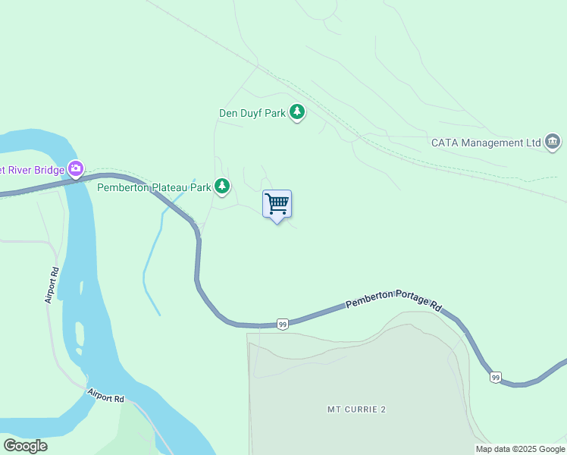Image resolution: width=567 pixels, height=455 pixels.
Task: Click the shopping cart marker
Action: pos(277,203)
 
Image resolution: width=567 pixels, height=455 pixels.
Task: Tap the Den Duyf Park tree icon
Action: pos(297,113)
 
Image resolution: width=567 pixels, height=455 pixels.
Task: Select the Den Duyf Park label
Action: pos(252,114)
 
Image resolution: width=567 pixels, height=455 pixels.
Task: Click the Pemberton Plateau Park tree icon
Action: pos(221,186)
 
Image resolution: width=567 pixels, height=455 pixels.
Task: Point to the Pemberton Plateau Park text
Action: pos(154,187)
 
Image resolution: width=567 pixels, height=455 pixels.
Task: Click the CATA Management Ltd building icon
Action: pos(553,142)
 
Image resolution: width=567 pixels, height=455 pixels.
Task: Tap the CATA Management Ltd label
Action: pos(485,143)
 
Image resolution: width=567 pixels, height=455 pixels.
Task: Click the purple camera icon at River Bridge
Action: pos(75,168)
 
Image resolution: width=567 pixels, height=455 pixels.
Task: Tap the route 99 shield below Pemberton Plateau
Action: pos(282,324)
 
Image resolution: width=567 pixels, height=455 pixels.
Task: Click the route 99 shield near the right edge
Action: pos(495,377)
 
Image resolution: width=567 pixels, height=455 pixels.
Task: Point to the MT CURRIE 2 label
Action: pos(356,409)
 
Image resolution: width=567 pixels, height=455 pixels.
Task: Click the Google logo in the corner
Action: pos(25,446)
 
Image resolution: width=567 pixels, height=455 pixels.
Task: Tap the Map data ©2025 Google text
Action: pos(520,450)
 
